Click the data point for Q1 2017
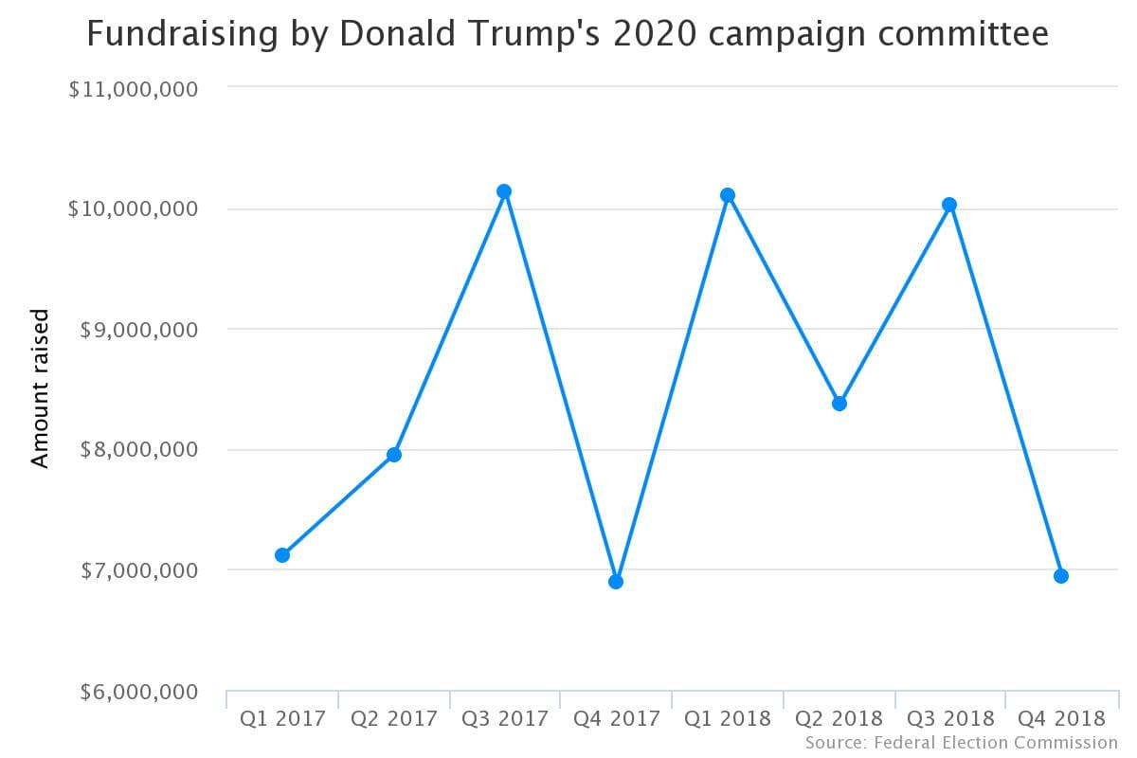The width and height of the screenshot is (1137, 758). tap(282, 555)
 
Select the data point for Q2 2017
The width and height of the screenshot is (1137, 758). tap(394, 455)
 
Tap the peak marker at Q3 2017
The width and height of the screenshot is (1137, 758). tap(504, 191)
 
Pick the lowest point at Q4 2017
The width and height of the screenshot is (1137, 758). tap(616, 582)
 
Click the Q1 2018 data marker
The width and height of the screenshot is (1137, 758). tap(728, 195)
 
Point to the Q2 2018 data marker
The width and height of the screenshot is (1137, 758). tap(839, 404)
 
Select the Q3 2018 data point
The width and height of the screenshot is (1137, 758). tap(949, 205)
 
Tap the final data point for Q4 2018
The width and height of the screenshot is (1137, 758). tap(1061, 576)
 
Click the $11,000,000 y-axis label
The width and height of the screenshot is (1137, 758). tap(133, 89)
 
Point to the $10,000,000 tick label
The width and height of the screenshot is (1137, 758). tap(133, 208)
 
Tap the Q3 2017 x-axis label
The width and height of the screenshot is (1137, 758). tap(504, 718)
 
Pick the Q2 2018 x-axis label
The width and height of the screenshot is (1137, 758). tap(839, 718)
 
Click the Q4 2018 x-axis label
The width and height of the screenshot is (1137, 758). tap(1061, 718)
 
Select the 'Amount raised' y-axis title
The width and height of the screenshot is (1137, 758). tap(40, 388)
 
